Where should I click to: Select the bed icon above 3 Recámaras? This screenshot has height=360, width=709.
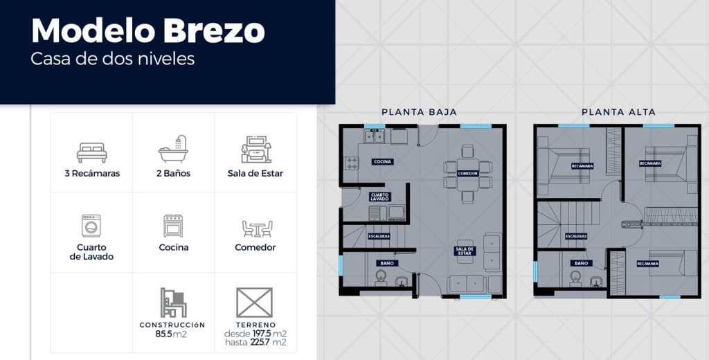tap(92, 152)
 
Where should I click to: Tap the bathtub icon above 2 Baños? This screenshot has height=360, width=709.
tap(173, 149)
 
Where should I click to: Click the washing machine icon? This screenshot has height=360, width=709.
tap(91, 226)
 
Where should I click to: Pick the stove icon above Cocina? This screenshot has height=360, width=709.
tap(173, 226)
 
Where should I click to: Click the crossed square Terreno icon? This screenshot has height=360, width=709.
tap(255, 303)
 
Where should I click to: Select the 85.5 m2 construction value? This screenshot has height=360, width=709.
tap(171, 334)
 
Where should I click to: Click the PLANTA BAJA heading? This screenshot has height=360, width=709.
tap(419, 111)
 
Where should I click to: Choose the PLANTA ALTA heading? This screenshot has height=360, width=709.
tap(618, 111)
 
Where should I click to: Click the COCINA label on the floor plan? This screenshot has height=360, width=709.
tap(382, 161)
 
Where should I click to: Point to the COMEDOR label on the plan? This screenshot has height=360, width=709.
tap(467, 174)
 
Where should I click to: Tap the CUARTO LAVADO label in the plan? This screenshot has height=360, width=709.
tap(379, 197)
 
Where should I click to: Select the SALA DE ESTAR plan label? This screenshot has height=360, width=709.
tap(465, 251)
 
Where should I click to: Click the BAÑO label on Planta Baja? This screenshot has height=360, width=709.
tap(386, 263)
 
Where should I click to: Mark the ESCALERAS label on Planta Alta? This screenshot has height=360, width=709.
tap(576, 236)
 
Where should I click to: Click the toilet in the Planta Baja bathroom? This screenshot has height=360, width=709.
tap(381, 277)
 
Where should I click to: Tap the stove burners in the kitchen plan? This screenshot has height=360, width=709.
tap(351, 163)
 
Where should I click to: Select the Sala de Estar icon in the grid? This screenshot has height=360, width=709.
tap(256, 150)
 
